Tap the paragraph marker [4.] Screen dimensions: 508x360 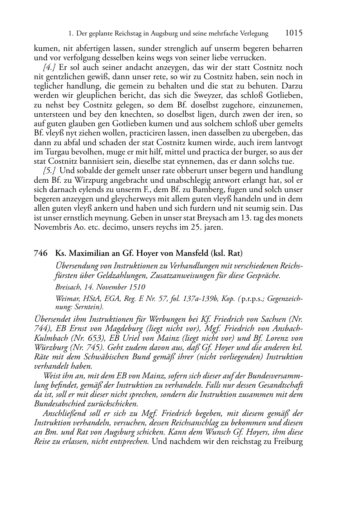(49, 67)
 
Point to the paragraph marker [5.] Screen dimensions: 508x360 (49, 171)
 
